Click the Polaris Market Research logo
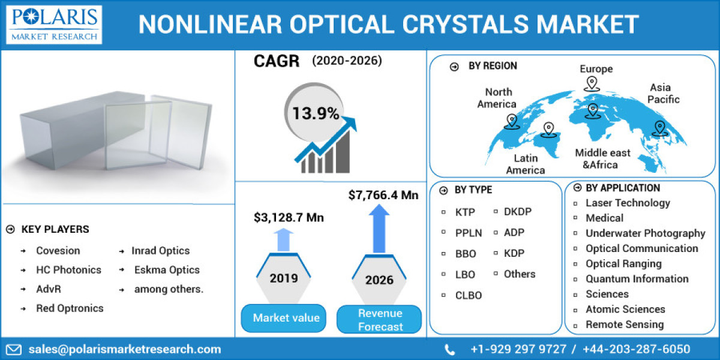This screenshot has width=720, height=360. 54,25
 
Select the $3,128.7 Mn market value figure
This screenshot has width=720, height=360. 289,217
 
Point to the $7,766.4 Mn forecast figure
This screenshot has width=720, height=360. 383,194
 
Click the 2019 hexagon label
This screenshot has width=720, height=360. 283,278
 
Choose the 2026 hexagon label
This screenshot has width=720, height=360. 379,280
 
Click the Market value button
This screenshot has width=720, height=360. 286,318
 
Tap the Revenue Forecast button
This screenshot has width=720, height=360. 380,320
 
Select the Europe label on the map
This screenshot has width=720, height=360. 596,69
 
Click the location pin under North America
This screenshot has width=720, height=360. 511,122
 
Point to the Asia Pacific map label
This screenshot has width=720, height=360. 664,94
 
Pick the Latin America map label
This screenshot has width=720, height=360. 525,164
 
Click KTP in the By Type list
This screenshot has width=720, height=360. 466,212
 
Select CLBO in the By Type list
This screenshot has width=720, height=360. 468,295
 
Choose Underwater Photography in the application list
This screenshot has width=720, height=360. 645,233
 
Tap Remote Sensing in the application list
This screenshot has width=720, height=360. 625,325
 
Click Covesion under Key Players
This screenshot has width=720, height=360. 58,251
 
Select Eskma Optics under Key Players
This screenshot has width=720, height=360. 167,270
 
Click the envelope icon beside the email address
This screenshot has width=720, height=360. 14,349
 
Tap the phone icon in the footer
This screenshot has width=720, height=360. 450,349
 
